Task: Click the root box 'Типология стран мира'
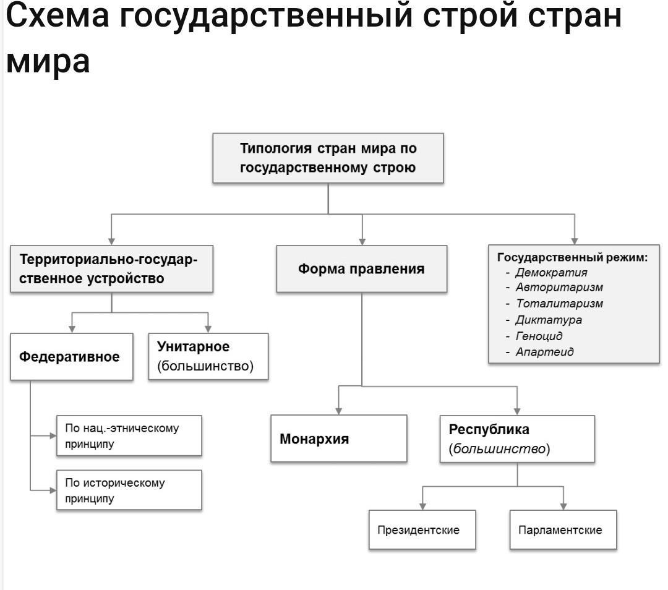[328, 158]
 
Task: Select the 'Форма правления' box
[361, 269]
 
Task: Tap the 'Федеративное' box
[71, 357]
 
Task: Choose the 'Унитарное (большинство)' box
[208, 356]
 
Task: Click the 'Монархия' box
[338, 439]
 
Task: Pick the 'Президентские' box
[422, 530]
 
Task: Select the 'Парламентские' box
[563, 530]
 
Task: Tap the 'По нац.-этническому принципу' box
[129, 435]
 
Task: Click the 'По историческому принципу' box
[129, 490]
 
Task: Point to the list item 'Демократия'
[551, 272]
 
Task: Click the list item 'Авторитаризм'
[559, 288]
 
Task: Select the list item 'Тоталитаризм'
[559, 304]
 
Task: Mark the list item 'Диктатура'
[548, 320]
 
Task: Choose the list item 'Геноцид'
[539, 336]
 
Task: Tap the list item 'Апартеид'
[544, 352]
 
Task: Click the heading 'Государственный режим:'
[572, 257]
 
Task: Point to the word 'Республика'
[489, 429]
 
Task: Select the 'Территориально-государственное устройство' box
[111, 269]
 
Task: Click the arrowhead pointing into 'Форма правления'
[362, 241]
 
